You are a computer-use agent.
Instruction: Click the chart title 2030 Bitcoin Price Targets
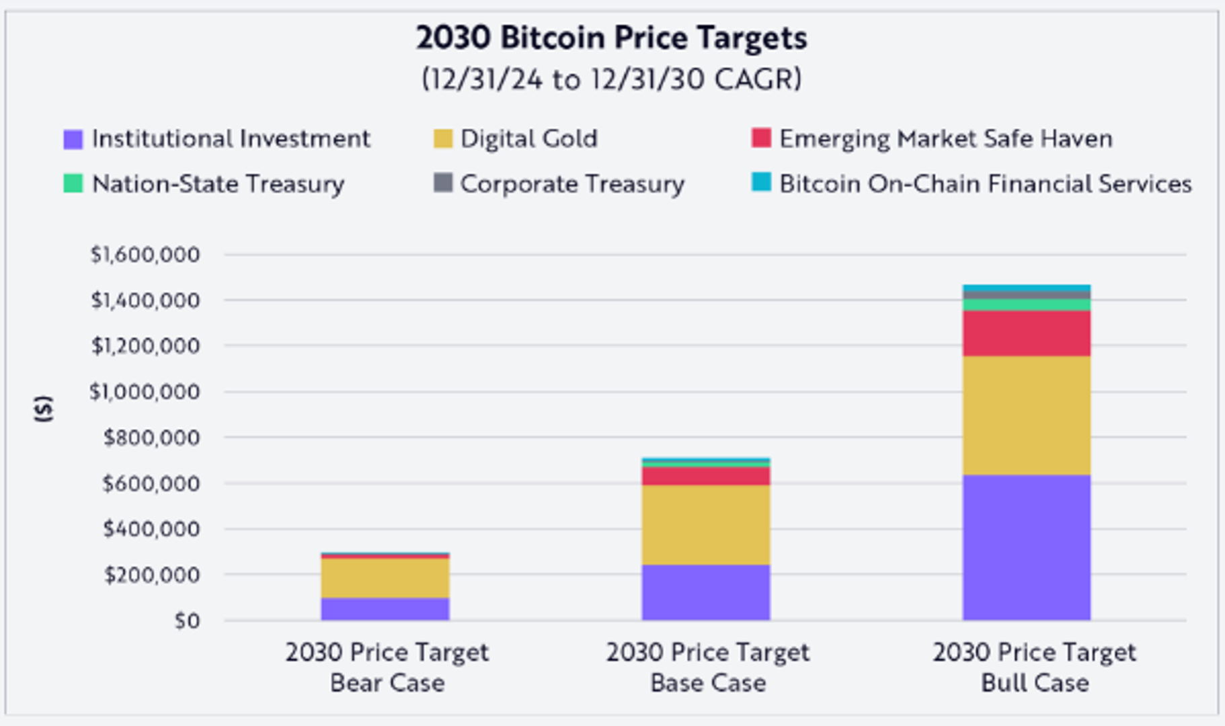tap(611, 38)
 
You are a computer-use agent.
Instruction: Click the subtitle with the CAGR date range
tap(611, 79)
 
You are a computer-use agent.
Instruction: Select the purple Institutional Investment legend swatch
tap(73, 139)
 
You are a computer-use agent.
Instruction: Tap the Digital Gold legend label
tap(528, 138)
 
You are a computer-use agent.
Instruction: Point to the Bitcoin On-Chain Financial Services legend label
tap(985, 184)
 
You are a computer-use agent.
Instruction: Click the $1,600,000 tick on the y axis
tap(145, 255)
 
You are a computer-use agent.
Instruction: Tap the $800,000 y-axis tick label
tap(151, 438)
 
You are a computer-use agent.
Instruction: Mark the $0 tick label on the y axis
tap(187, 620)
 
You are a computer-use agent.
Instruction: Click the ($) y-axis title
tap(43, 408)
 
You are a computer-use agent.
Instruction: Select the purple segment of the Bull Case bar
tap(1026, 547)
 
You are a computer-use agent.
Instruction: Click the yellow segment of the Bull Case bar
tap(1026, 415)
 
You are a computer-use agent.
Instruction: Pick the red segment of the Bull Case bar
tap(1026, 333)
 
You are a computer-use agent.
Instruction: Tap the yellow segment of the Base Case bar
tap(705, 524)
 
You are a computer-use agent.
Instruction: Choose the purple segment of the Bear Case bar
tap(385, 608)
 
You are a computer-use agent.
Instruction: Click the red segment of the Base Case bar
tap(705, 476)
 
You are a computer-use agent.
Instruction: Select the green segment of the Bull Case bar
tap(1026, 305)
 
